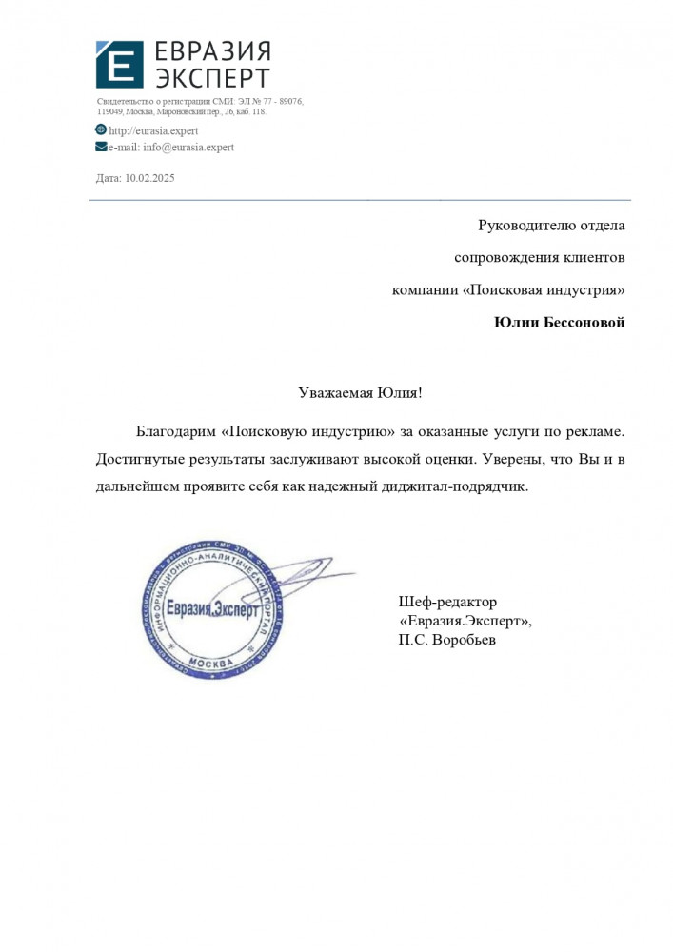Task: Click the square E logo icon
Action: point(119,66)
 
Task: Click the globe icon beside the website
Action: point(101,129)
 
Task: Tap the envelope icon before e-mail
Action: point(101,147)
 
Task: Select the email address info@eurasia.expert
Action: point(188,148)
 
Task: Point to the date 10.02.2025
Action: point(149,178)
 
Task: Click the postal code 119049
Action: point(110,111)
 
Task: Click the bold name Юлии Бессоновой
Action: point(560,323)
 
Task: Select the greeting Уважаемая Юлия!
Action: point(359,392)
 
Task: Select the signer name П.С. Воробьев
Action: point(447,641)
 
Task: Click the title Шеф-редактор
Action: point(447,602)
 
